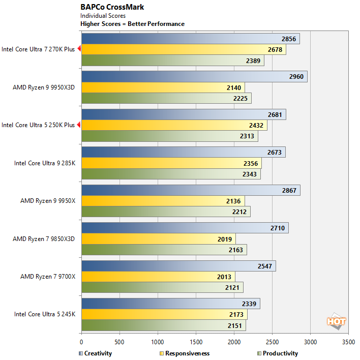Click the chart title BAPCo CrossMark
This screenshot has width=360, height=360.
pyautogui.click(x=112, y=7)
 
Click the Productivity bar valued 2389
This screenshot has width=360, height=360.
pyautogui.click(x=172, y=61)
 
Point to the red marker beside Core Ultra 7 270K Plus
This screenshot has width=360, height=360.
pyautogui.click(x=79, y=49)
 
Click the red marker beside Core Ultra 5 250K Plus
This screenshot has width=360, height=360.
pyautogui.click(x=79, y=125)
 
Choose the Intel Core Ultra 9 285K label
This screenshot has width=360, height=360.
pyautogui.click(x=44, y=163)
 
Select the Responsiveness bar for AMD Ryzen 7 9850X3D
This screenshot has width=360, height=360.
pyautogui.click(x=158, y=239)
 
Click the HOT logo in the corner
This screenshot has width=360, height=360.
pyautogui.click(x=336, y=321)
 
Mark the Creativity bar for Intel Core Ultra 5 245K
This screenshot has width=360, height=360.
pyautogui.click(x=171, y=304)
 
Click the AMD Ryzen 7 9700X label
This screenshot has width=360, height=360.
pyautogui.click(x=47, y=277)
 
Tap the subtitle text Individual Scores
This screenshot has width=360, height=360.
pyautogui.click(x=103, y=16)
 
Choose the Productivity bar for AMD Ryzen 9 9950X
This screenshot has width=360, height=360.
pyautogui.click(x=166, y=212)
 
